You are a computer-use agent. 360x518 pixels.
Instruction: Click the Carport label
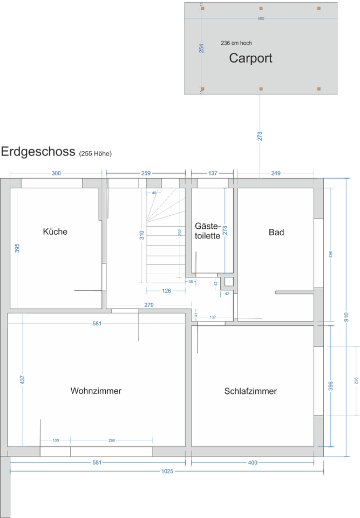[250, 58]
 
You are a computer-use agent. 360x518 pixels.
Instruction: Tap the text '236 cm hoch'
[236, 43]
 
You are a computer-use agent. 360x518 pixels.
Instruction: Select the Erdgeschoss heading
[38, 152]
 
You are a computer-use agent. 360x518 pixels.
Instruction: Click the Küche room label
[55, 231]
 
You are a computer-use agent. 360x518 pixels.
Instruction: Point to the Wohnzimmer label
[96, 391]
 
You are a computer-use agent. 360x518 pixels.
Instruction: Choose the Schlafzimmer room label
[250, 391]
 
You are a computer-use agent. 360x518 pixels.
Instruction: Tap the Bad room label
[276, 232]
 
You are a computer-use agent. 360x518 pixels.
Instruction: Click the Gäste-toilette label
[207, 230]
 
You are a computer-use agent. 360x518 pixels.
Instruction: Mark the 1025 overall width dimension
[167, 471]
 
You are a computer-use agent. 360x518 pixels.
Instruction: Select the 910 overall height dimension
[347, 318]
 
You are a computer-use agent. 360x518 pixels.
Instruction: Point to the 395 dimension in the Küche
[17, 248]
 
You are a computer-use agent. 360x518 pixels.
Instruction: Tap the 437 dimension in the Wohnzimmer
[22, 379]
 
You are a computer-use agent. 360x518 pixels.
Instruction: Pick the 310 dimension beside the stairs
[141, 235]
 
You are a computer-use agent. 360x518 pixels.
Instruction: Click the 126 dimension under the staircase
[166, 291]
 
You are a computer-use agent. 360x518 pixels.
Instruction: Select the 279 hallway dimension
[149, 305]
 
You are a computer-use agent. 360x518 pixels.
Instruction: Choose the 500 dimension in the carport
[261, 19]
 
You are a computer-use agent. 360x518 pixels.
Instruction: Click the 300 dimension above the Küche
[56, 173]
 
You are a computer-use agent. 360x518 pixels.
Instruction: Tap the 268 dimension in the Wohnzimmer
[112, 440]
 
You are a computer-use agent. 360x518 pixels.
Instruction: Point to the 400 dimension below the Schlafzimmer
[253, 462]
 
